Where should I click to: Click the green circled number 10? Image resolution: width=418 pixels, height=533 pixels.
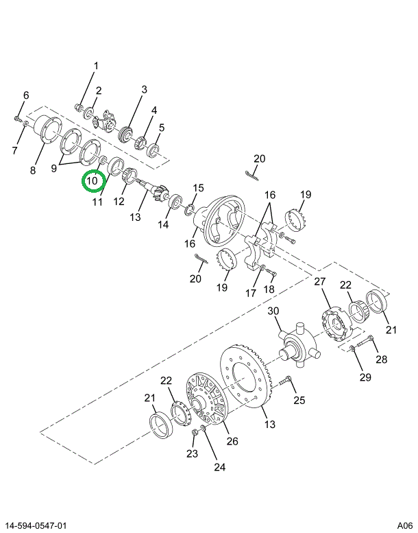tap(93, 182)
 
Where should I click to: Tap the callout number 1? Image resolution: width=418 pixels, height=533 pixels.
tap(96, 67)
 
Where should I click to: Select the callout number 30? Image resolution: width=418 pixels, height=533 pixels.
tap(274, 311)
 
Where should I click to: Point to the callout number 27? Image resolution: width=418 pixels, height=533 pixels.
tap(319, 282)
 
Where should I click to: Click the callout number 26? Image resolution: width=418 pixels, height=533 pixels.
tap(232, 441)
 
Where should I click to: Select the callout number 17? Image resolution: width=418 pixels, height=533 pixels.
tap(251, 293)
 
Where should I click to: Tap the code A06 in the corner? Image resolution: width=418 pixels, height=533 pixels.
tap(404, 525)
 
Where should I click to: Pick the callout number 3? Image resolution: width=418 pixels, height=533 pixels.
tap(144, 89)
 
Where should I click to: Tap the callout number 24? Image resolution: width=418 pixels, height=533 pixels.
tap(219, 468)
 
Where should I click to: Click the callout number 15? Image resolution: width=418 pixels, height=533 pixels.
tap(198, 188)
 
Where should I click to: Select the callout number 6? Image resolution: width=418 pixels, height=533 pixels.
tap(26, 95)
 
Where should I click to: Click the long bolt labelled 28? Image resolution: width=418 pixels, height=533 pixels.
tap(364, 342)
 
